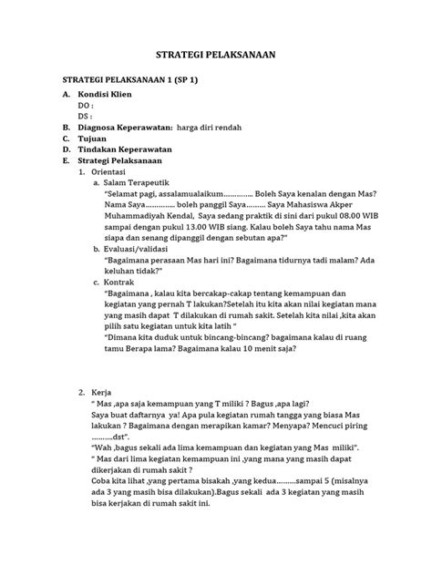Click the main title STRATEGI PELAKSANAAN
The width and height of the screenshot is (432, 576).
pos(216,56)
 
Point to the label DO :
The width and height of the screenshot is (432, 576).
pos(87,107)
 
